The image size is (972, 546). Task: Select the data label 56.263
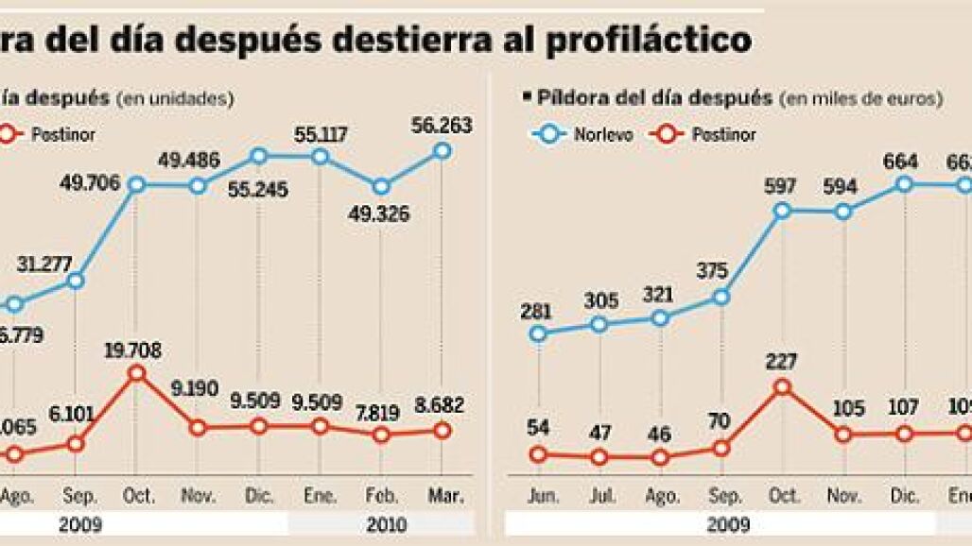442,126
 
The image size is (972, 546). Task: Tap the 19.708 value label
136,351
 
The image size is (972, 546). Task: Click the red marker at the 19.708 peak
136,373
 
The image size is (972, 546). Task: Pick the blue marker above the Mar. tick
442,150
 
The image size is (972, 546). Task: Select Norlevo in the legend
603,135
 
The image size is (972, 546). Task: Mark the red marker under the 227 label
782,386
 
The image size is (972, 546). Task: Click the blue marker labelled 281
538,333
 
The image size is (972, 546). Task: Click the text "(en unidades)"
175,97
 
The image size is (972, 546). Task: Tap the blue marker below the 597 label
782,210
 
